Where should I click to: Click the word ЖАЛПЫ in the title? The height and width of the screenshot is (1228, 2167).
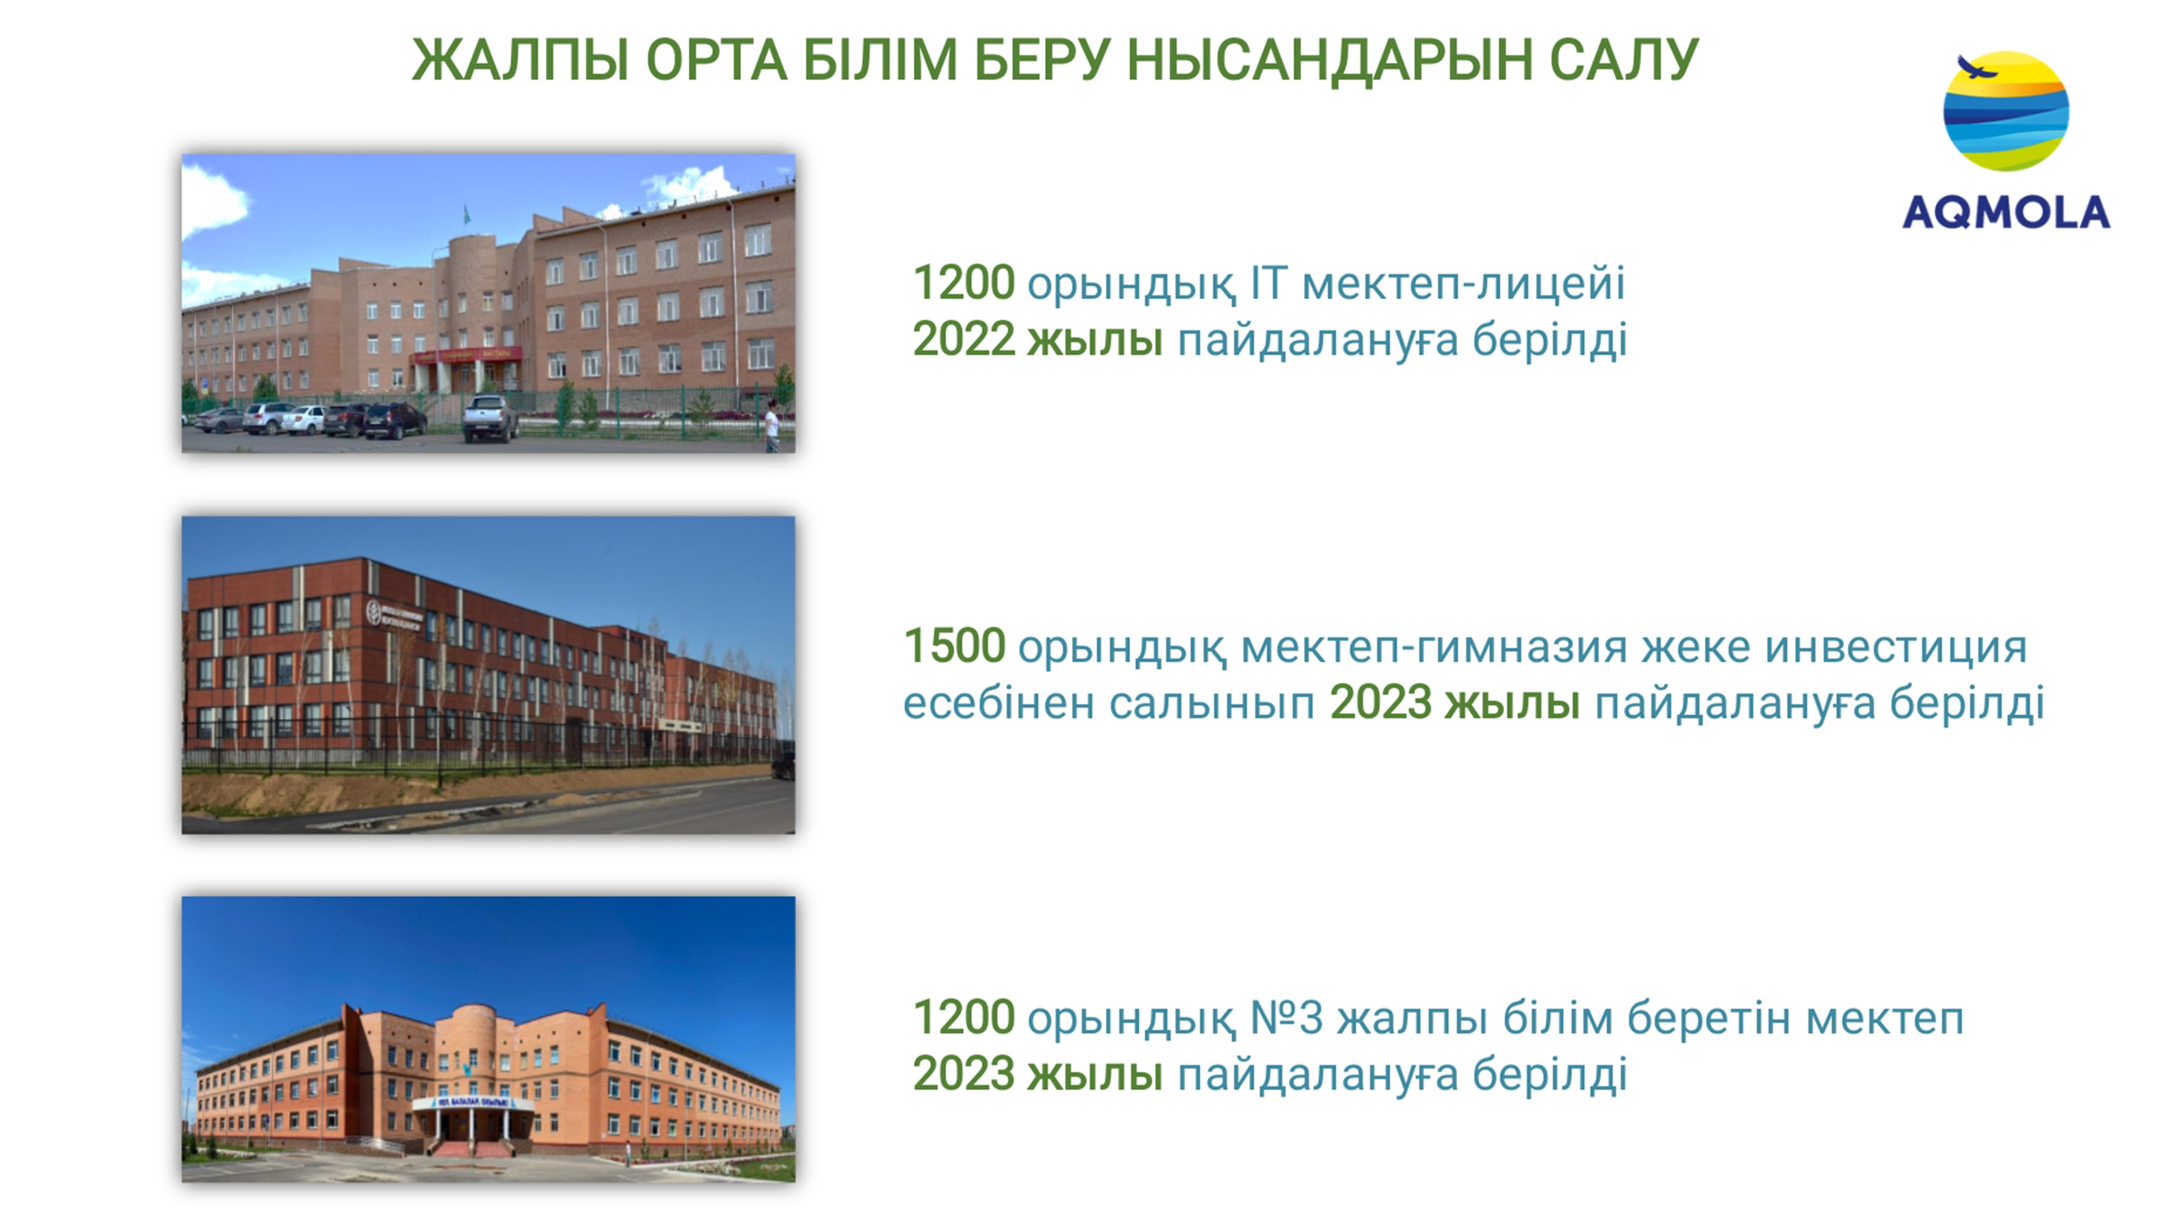point(520,60)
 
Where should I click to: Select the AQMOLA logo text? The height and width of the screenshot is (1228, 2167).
point(2006,213)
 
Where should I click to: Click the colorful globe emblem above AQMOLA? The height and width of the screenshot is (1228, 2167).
point(2006,111)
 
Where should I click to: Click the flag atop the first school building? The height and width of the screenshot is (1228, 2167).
point(465,215)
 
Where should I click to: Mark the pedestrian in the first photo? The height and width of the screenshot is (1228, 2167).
point(771,426)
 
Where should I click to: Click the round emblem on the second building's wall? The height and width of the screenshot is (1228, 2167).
point(374,612)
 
